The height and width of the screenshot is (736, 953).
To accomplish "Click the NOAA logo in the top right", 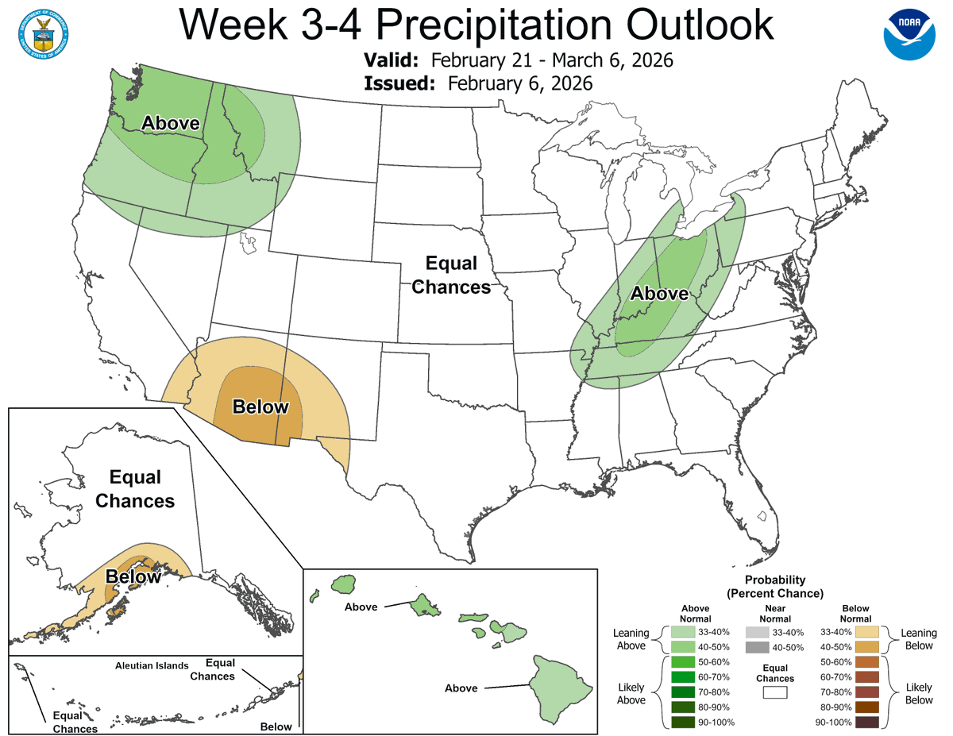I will tap(910, 33).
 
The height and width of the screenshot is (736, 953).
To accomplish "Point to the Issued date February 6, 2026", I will tap(519, 83).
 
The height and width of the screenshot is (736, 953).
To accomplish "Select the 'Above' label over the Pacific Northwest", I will tap(170, 123).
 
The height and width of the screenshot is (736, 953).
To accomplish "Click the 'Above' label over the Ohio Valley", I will tap(659, 294).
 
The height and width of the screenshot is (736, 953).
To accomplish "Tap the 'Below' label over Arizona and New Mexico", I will tap(260, 407).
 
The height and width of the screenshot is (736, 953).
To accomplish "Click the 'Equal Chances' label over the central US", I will tap(451, 275).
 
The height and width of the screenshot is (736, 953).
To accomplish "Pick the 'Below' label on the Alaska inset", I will tap(133, 576).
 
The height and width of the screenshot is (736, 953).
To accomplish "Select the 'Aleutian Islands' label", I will tap(151, 666).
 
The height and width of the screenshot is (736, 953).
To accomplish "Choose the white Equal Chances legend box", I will tap(775, 692).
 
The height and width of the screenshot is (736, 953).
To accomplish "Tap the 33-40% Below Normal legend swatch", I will tap(866, 632).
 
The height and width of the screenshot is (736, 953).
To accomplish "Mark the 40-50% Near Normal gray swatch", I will tap(757, 647).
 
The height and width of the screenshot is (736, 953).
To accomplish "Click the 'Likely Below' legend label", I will tap(919, 692).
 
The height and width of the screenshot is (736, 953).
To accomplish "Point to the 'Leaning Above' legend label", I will tap(631, 639).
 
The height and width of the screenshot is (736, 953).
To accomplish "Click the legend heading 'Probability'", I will tap(775, 580).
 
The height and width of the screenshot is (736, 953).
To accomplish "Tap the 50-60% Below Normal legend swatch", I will tap(866, 662).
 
